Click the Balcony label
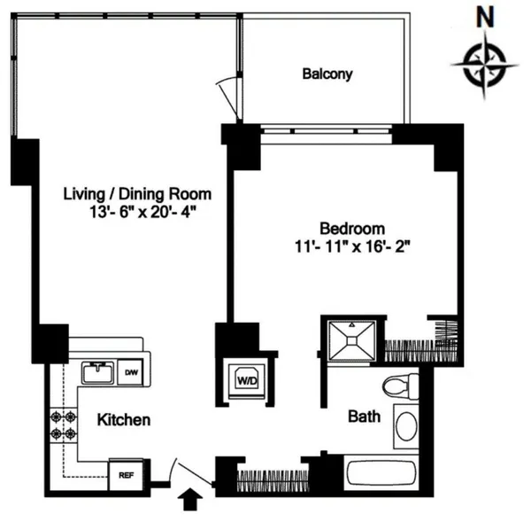click(x=327, y=74)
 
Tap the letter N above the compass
click(x=484, y=16)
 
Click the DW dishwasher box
click(x=130, y=372)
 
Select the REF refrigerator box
click(x=125, y=473)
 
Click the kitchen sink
click(x=96, y=372)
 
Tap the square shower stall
click(x=352, y=341)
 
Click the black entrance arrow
click(x=189, y=503)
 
